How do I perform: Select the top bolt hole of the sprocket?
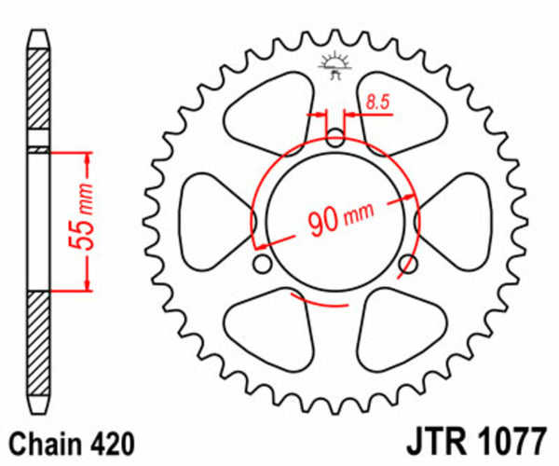point(335,139)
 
